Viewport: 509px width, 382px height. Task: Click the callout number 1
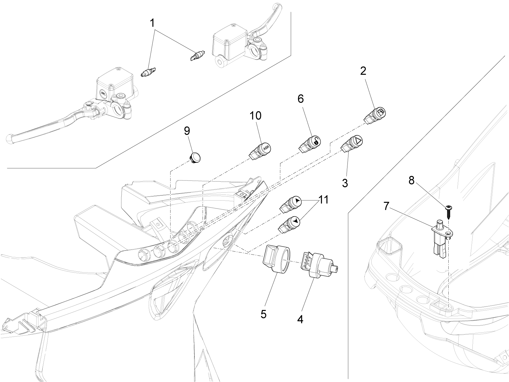[152, 23]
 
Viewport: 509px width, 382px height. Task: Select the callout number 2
[363, 71]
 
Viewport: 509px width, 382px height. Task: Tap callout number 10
[255, 116]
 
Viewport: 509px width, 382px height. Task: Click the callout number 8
[411, 180]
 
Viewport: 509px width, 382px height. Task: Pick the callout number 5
[263, 314]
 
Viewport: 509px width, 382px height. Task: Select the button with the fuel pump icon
[375, 116]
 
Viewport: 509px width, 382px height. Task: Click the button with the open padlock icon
[311, 144]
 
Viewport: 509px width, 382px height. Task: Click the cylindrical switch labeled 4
[319, 264]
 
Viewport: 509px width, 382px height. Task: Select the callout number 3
[345, 183]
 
